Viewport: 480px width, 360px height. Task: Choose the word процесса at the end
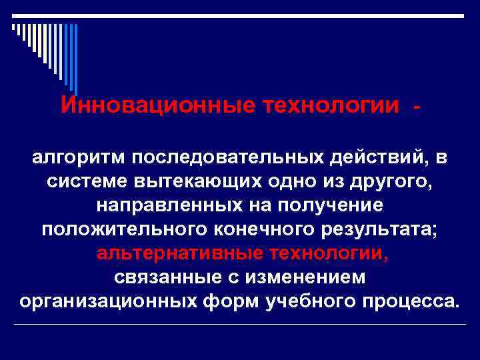coord(415,301)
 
